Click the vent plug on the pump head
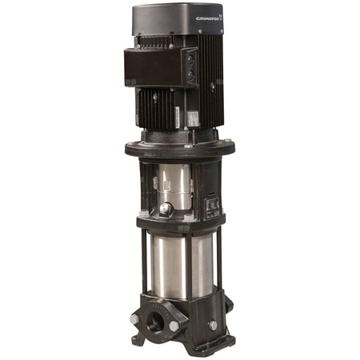166,209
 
